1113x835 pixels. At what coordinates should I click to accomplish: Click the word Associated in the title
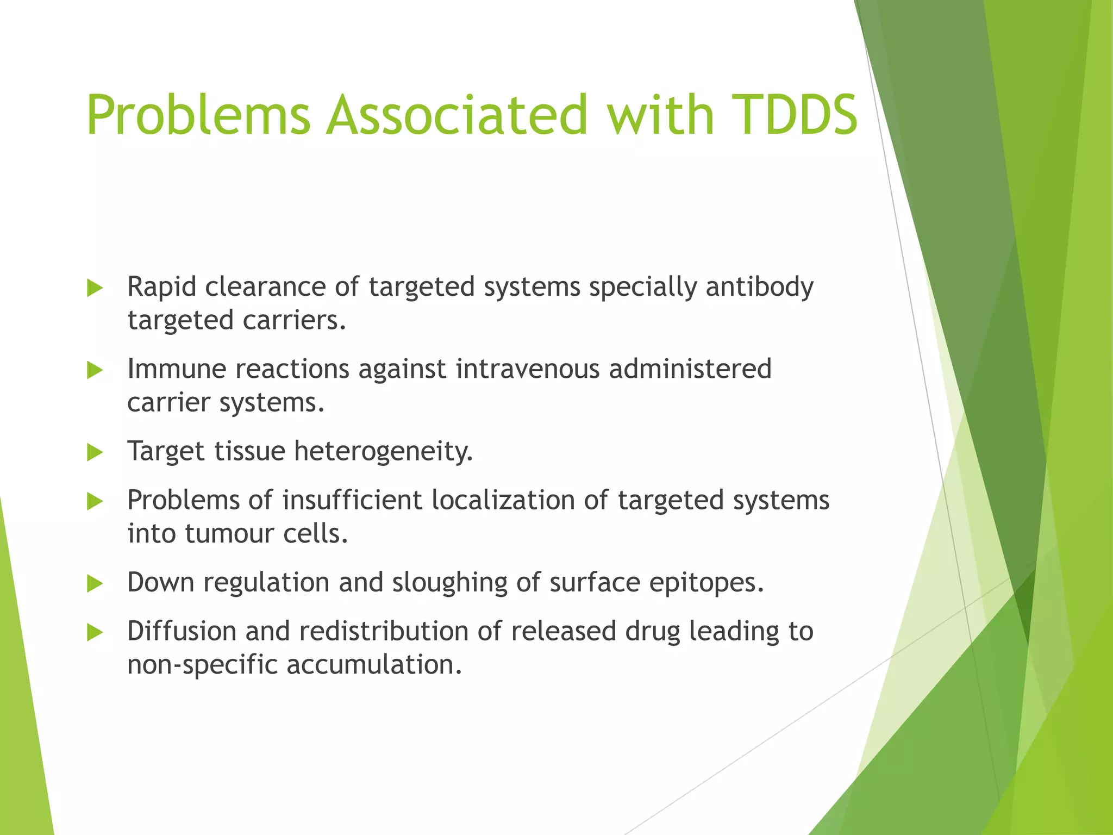[x=457, y=115]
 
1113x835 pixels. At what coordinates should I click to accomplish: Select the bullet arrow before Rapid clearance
[x=95, y=288]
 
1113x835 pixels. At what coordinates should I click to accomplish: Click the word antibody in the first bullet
[x=759, y=287]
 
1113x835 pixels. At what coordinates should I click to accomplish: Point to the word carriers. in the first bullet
[x=294, y=320]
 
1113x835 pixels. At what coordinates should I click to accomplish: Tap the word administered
[x=690, y=369]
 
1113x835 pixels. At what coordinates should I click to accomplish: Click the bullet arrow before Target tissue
[x=95, y=452]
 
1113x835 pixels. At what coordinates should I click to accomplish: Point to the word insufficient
[x=352, y=500]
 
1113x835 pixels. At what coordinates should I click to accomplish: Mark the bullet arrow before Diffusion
[x=95, y=632]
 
